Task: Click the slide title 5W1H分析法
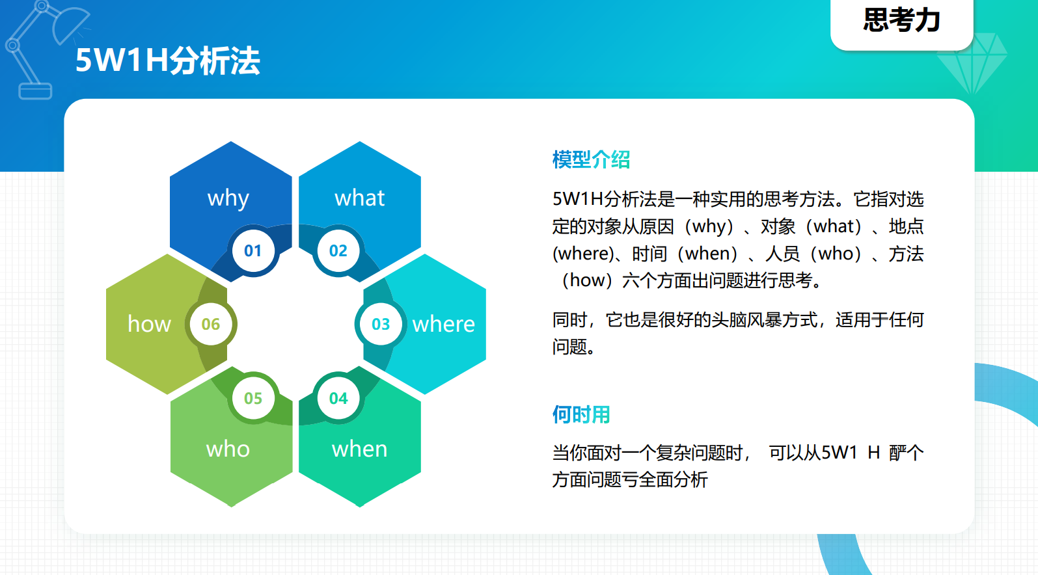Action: (x=168, y=60)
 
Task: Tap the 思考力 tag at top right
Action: (x=901, y=20)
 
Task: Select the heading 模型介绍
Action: (x=591, y=160)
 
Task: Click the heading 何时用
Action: (x=581, y=415)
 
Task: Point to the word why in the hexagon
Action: (x=228, y=199)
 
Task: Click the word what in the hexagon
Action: (x=360, y=198)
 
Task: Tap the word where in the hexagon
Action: (x=443, y=324)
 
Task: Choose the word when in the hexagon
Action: (x=360, y=449)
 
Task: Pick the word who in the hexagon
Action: (x=228, y=449)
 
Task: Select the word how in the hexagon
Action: (x=149, y=324)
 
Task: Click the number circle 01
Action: (x=253, y=250)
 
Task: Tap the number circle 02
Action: (x=338, y=250)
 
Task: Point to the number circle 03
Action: (x=381, y=324)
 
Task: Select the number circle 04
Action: (x=338, y=398)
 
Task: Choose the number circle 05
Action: (x=253, y=398)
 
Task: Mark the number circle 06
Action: (x=211, y=324)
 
